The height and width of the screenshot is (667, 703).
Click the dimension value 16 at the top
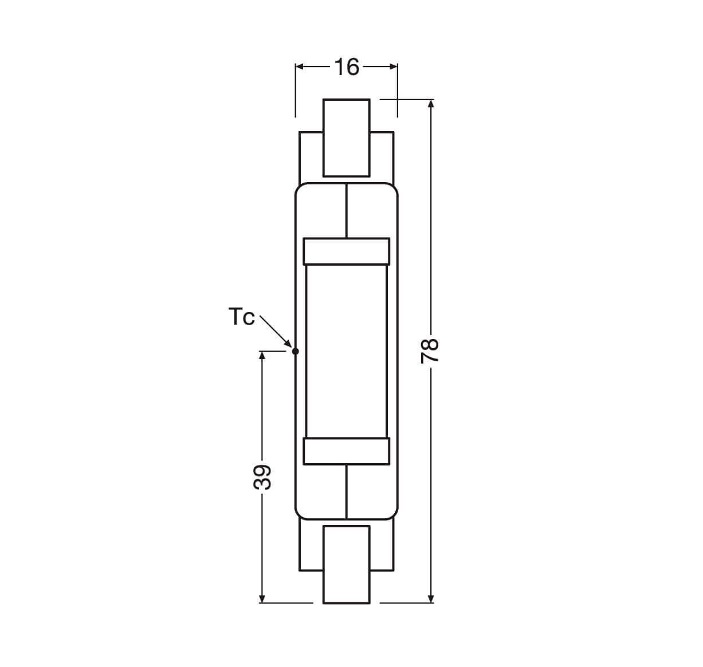pos(347,67)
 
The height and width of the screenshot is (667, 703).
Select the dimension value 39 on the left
pos(262,477)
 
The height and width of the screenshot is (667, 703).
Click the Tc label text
pos(242,317)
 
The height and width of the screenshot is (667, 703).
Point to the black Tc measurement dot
pos(296,352)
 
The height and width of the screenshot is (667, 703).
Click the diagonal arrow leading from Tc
pos(276,331)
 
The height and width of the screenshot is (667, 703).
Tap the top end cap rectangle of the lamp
pos(346,137)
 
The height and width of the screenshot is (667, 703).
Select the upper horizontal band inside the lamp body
pos(346,251)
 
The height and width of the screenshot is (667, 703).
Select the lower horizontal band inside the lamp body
pos(346,451)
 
